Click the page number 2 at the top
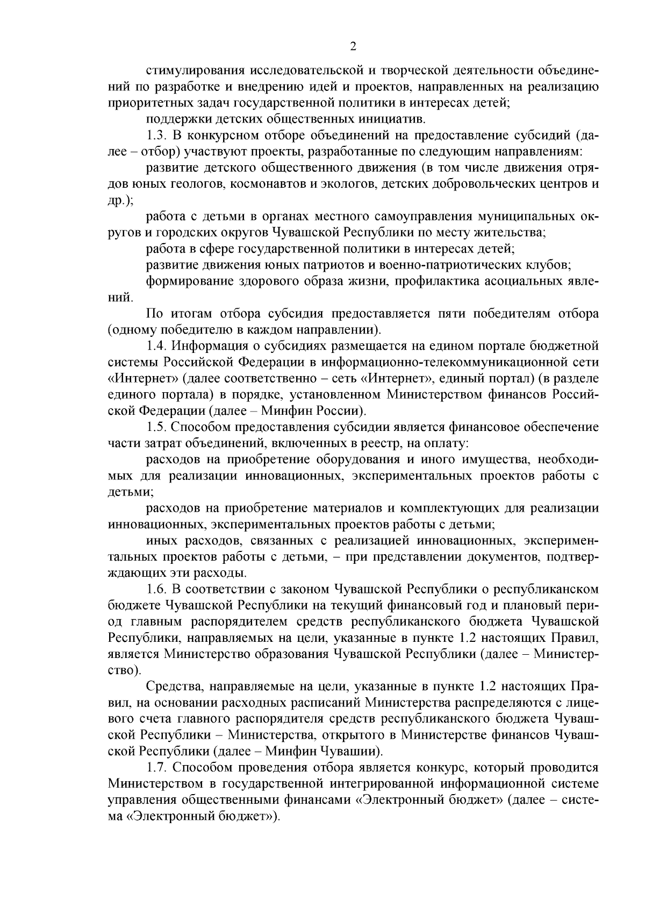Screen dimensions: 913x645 pyautogui.click(x=353, y=47)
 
